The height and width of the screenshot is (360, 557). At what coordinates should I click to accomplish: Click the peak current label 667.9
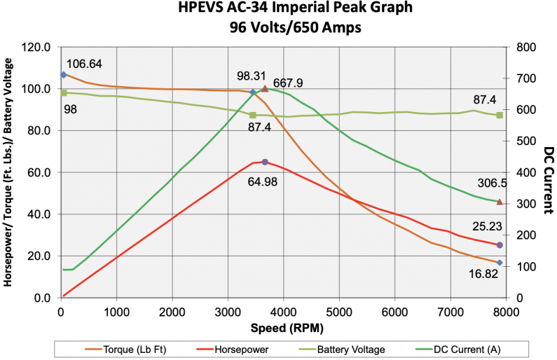[289, 83]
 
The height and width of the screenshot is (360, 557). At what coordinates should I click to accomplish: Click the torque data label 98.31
[252, 76]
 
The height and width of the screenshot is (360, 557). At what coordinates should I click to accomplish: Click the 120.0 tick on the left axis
[37, 48]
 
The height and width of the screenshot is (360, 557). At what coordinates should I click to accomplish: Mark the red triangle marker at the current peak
[265, 89]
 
